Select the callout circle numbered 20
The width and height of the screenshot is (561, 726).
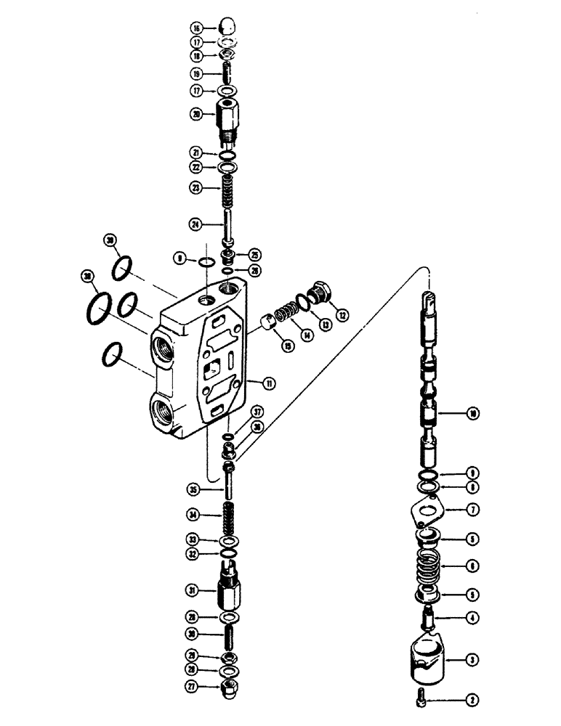195,114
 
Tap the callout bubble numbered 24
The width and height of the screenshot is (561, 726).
195,225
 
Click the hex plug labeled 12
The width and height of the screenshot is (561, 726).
320,294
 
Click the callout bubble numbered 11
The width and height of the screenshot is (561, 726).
270,383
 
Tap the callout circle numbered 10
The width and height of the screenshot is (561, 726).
472,414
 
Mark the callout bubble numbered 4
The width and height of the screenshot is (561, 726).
472,619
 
